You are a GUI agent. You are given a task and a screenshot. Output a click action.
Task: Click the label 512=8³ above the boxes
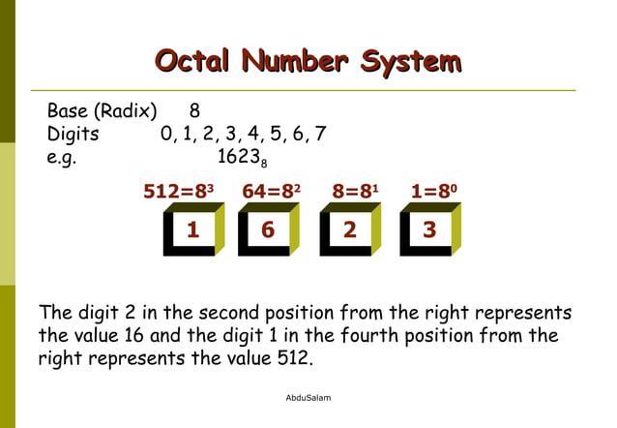pyautogui.click(x=178, y=192)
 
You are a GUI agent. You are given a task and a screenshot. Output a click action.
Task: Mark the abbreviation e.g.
pyautogui.click(x=61, y=158)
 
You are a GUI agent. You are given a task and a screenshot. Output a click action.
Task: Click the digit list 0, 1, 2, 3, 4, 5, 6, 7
pyautogui.click(x=243, y=134)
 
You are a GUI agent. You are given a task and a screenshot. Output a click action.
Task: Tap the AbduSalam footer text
pyautogui.click(x=308, y=397)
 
